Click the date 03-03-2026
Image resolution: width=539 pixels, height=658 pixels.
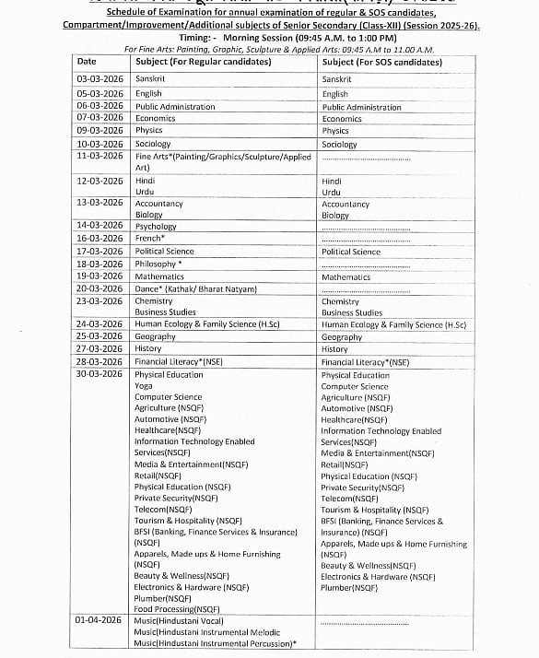100,79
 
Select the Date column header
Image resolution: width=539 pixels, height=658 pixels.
87,62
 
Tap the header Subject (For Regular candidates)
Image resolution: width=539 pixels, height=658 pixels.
203,62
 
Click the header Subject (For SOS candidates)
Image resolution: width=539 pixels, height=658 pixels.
381,62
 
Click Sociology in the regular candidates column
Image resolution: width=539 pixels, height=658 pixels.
153,144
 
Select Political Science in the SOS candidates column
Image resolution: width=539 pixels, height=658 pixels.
350,252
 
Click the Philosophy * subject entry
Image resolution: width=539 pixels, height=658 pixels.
158,264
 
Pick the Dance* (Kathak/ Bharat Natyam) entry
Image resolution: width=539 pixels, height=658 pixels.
195,288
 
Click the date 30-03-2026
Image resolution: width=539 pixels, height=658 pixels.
100,374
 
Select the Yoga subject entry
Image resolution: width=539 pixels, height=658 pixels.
144,386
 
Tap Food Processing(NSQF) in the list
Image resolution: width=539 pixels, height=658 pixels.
177,608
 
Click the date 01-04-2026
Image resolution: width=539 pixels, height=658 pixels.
100,621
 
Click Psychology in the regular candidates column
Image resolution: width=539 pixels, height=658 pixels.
156,226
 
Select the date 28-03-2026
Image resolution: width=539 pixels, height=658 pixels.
100,362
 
